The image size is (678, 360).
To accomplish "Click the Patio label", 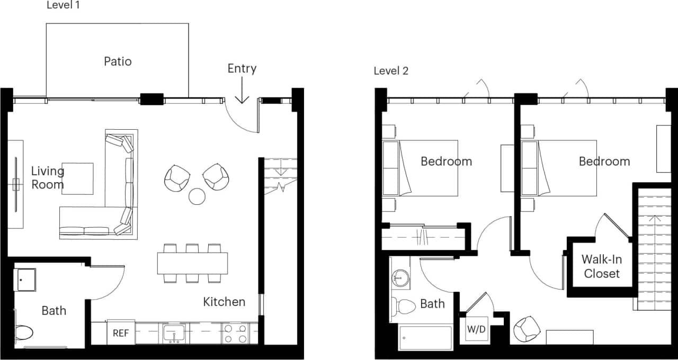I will (118, 61).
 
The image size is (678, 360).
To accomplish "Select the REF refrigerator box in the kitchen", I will (120, 334).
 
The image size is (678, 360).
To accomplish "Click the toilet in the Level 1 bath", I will (23, 332).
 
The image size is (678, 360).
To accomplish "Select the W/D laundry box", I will (476, 329).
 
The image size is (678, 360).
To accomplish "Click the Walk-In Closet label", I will (602, 266).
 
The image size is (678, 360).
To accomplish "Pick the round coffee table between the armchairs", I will (197, 196).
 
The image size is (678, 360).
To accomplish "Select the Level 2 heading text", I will (391, 71).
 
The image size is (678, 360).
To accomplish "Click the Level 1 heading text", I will (64, 5).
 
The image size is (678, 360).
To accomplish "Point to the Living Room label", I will (48, 177).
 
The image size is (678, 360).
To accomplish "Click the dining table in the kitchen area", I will (192, 263).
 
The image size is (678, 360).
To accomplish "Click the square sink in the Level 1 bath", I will (24, 280).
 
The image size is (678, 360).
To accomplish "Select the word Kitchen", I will (224, 302).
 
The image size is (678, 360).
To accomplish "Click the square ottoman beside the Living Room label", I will (77, 178).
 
